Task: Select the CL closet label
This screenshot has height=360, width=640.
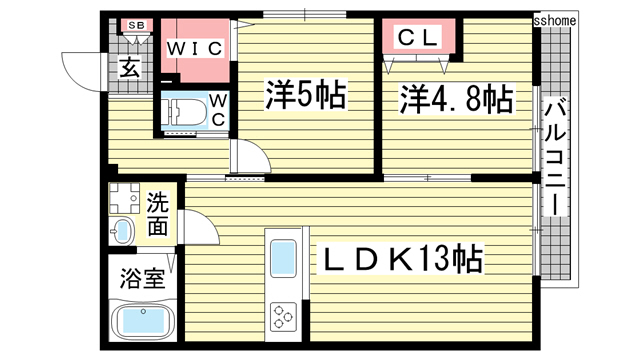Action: pos(419,38)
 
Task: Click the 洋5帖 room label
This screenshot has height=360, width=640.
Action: pos(304,96)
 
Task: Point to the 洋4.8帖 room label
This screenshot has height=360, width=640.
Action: pos(456,99)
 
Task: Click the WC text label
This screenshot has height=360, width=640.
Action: pos(219,109)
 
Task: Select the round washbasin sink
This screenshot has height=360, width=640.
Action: pos(121,231)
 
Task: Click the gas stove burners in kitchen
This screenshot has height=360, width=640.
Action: pos(284,316)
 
